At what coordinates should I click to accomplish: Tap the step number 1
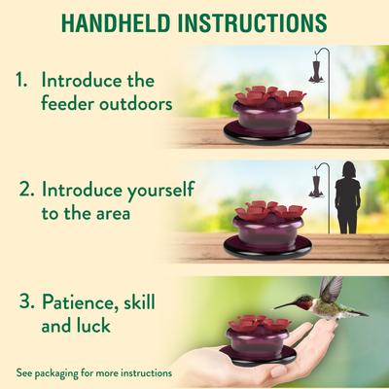click(x=22, y=79)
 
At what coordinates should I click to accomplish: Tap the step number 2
click(x=22, y=186)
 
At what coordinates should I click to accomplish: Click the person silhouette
click(x=347, y=198)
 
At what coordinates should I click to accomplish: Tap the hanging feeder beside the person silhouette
click(x=315, y=180)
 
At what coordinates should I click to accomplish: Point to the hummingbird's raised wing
click(x=331, y=289)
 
